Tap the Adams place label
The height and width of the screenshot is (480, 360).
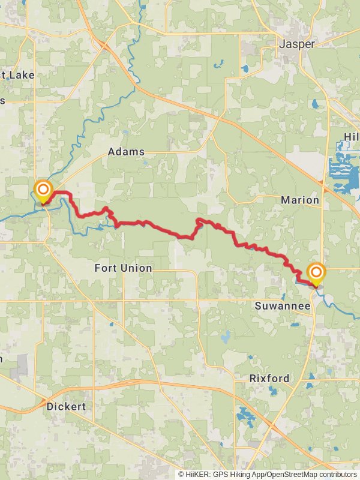[x=126, y=152]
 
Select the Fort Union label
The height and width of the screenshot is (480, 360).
[x=123, y=268]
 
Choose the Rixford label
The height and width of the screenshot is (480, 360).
[x=269, y=379]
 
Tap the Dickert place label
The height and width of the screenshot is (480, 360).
[x=66, y=406]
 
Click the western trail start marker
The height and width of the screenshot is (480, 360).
[x=43, y=191]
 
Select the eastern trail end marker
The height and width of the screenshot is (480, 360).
[x=316, y=274]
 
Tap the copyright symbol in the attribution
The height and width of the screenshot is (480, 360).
[x=181, y=474]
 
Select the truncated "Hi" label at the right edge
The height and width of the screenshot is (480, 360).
[x=351, y=137]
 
